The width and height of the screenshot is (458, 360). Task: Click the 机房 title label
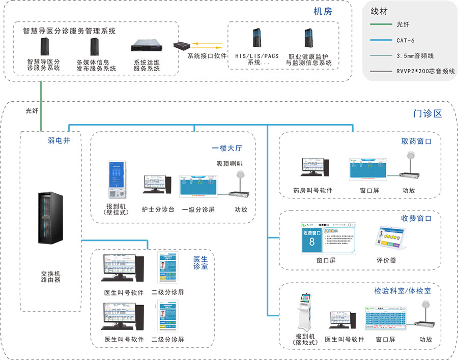click(x=323, y=11)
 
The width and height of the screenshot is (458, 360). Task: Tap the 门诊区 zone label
click(x=427, y=113)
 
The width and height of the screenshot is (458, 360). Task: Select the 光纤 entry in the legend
click(x=402, y=24)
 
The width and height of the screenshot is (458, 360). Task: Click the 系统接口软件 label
click(x=207, y=56)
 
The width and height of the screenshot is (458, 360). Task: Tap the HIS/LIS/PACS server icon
click(x=256, y=38)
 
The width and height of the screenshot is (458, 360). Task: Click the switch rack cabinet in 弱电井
click(x=51, y=218)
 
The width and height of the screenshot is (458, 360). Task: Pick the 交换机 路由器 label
click(x=51, y=277)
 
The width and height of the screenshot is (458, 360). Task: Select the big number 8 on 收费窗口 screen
click(x=311, y=242)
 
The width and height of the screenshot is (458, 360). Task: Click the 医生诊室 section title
click(x=201, y=262)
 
